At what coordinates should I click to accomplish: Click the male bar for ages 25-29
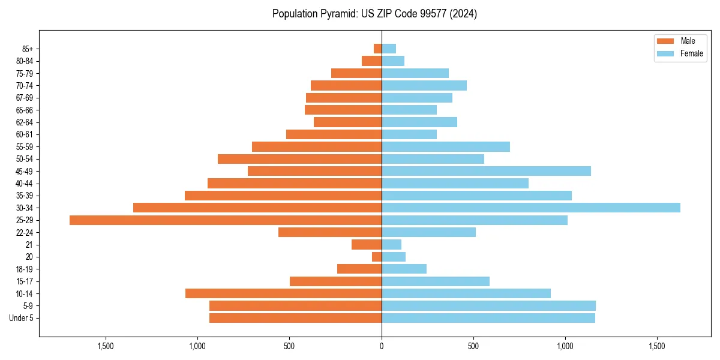click(226, 220)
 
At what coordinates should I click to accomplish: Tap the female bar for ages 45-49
click(486, 171)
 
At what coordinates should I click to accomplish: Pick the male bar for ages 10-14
click(283, 293)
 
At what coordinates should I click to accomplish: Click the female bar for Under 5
click(488, 318)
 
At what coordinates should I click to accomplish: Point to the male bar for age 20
click(377, 257)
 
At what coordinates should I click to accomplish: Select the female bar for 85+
click(389, 49)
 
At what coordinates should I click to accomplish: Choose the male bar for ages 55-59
click(317, 146)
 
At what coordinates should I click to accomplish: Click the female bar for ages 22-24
click(428, 232)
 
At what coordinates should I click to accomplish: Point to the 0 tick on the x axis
click(382, 346)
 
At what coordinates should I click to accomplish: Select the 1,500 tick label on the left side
click(106, 346)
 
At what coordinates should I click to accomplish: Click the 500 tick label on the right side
click(473, 346)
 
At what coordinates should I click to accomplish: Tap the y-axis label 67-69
click(25, 98)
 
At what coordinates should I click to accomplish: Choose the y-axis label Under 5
click(22, 318)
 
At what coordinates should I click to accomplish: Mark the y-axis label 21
click(29, 245)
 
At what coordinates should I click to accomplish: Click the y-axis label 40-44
click(25, 184)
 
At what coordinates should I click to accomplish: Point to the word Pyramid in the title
click(337, 14)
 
